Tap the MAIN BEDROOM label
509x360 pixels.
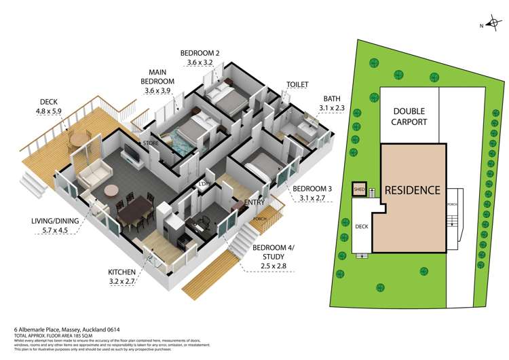coord(163,77)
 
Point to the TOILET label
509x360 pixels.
coord(297,85)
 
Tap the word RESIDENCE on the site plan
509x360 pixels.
coord(413,190)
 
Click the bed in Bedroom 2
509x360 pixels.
coord(224,98)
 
